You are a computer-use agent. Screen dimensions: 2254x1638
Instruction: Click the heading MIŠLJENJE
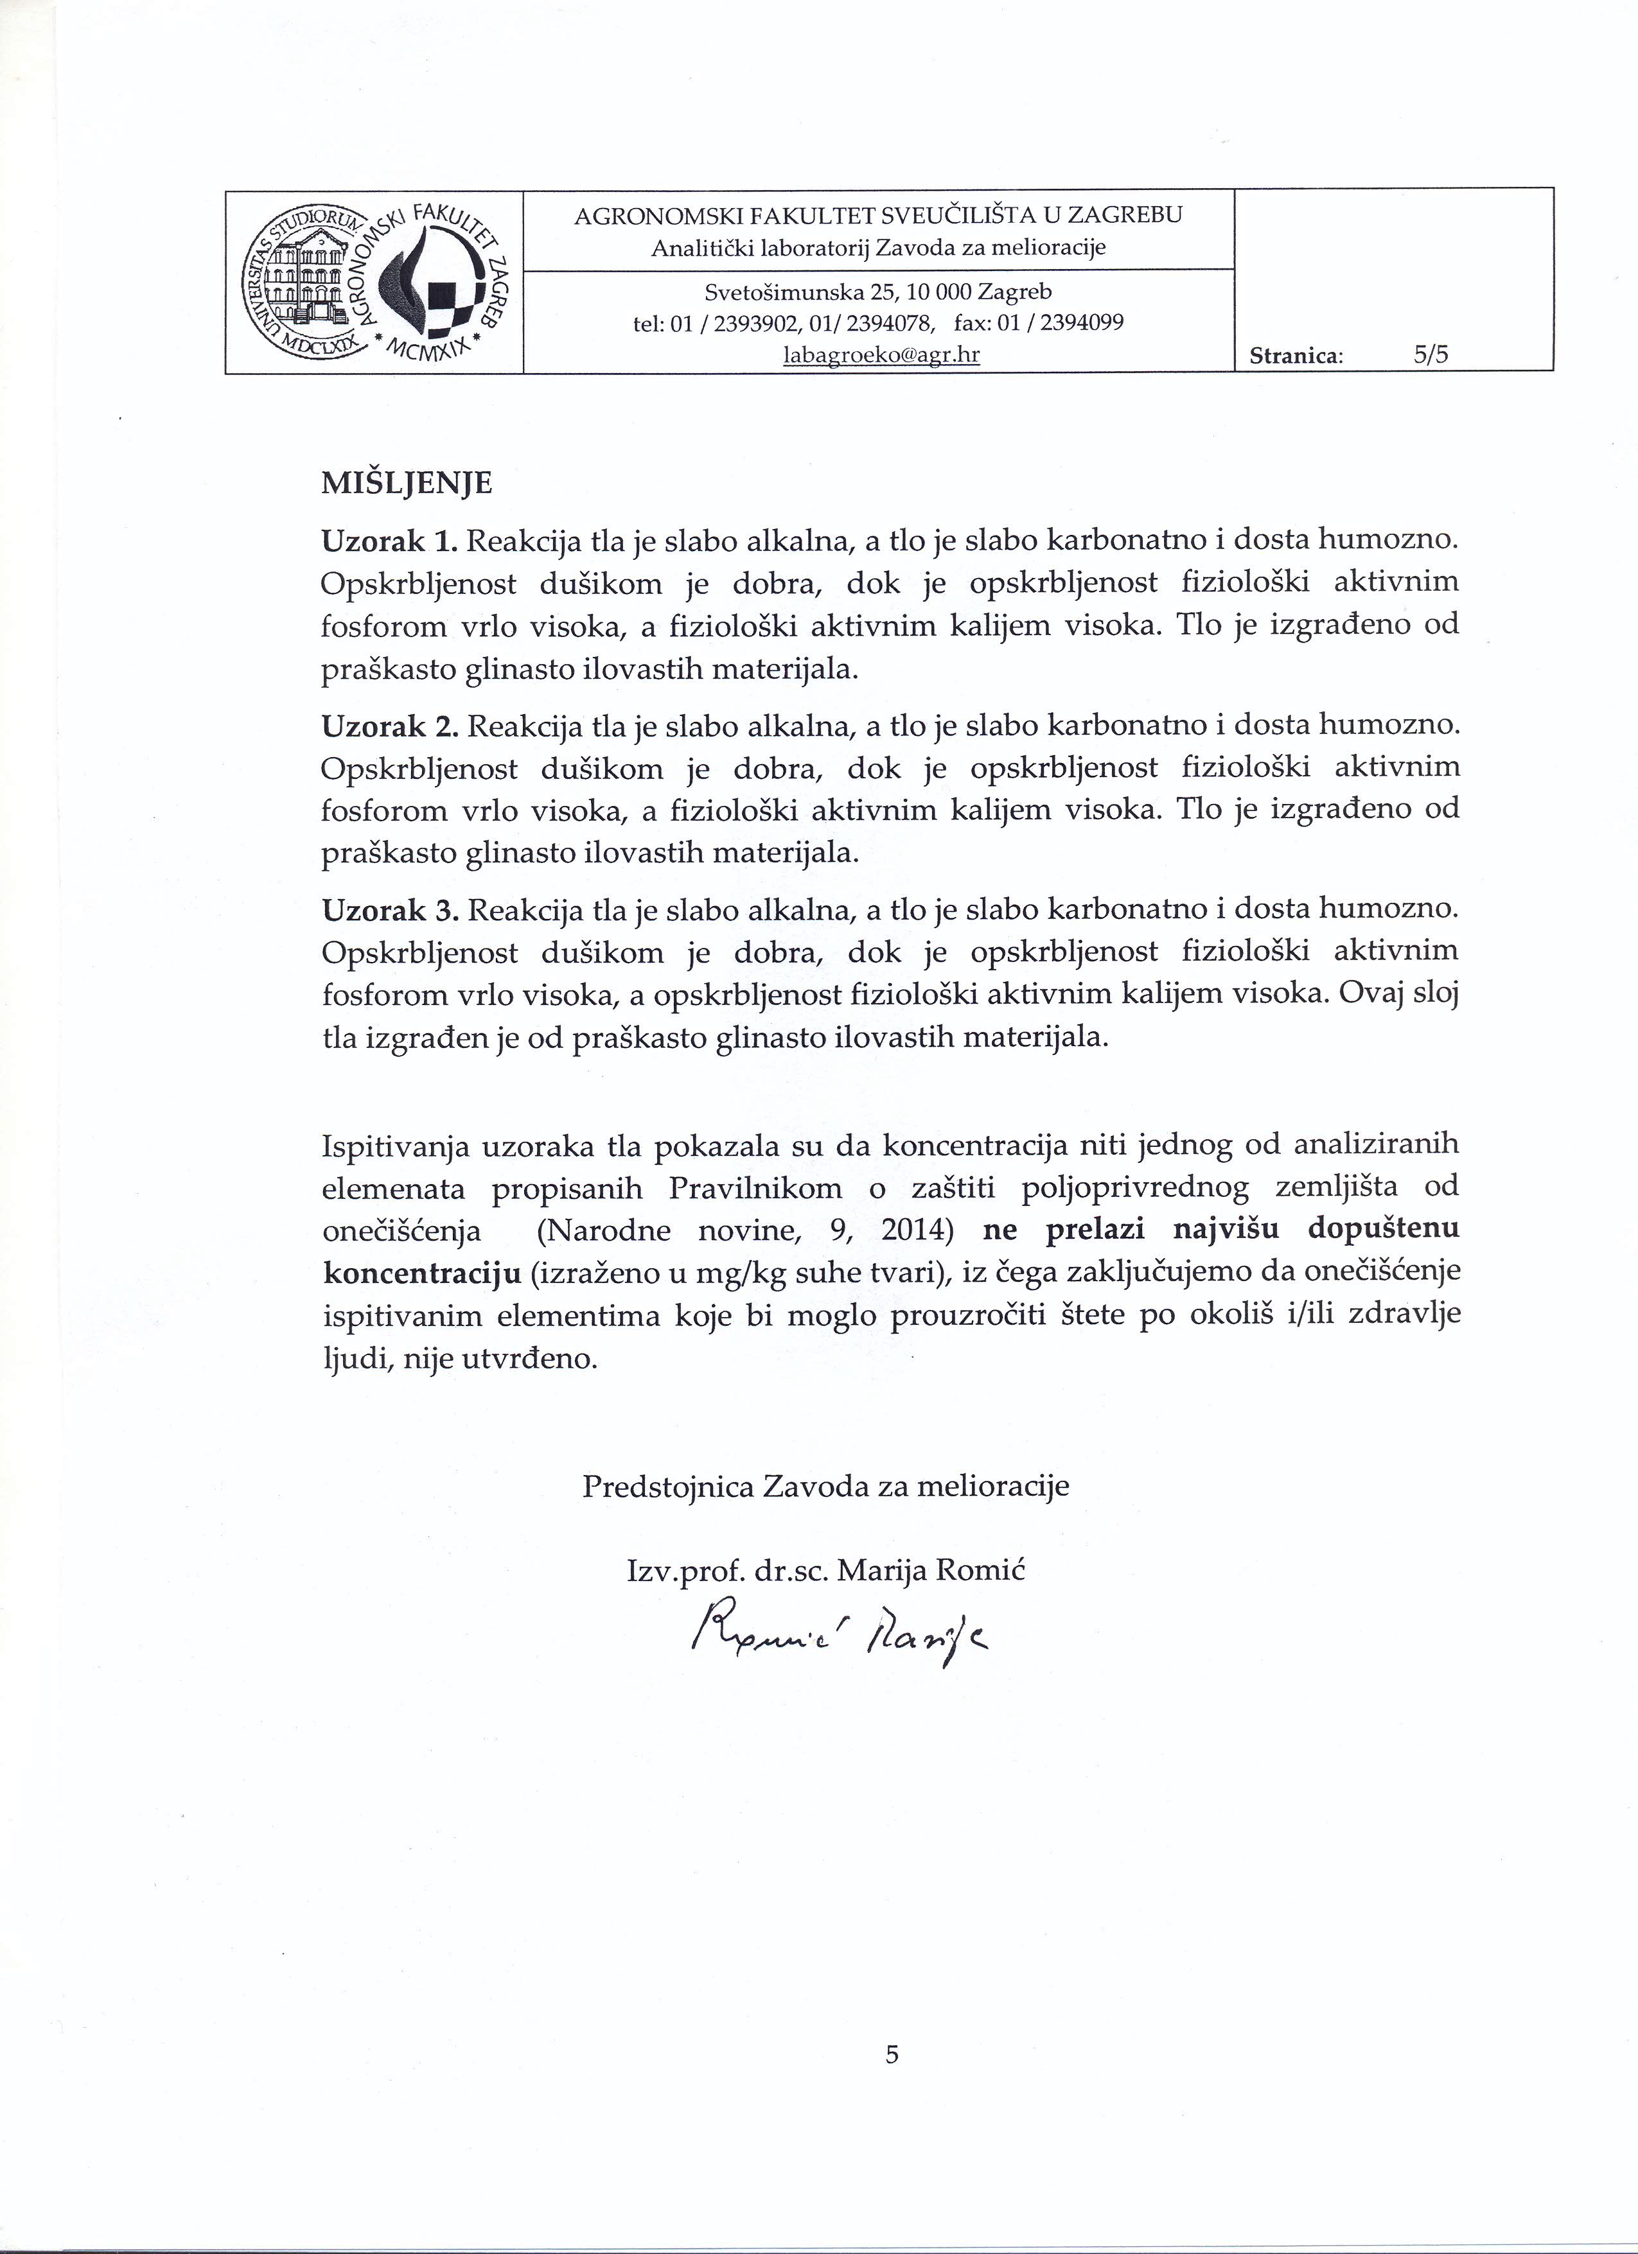[x=407, y=484]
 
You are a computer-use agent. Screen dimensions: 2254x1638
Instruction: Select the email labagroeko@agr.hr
[x=881, y=354]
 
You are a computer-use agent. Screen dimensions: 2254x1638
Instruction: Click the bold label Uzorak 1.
[x=389, y=541]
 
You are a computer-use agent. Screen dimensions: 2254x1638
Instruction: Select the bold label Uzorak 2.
[x=389, y=726]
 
